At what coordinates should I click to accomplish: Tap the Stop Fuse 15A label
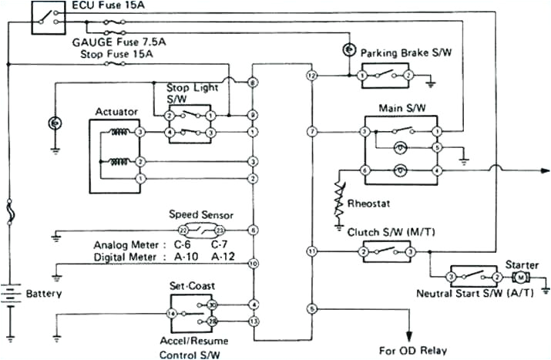coord(113,56)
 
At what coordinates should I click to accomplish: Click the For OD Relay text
coord(412,350)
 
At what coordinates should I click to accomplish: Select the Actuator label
coord(116,112)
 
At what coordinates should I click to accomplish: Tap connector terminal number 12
coord(311,76)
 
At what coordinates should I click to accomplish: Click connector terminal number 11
coord(311,251)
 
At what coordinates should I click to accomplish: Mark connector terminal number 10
coord(253,264)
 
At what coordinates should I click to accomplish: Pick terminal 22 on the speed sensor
coord(183,230)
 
